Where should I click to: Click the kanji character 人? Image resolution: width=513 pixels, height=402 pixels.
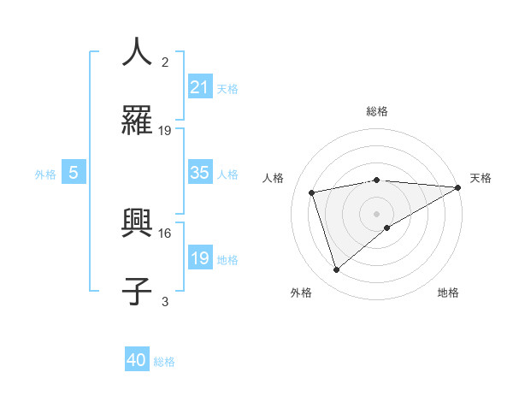(137, 51)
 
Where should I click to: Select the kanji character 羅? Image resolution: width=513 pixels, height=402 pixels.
(137, 121)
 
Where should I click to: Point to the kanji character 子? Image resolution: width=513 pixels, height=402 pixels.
(137, 292)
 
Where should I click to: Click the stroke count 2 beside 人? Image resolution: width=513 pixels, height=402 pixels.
(165, 62)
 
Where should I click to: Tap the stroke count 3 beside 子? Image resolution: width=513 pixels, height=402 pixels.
(165, 301)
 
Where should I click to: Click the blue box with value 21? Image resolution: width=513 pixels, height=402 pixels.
(200, 87)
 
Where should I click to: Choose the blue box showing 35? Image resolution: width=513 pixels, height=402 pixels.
(200, 173)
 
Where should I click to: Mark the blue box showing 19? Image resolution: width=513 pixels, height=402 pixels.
(200, 258)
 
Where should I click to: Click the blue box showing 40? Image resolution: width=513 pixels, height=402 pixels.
(137, 361)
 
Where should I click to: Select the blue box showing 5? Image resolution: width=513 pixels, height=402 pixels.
(74, 173)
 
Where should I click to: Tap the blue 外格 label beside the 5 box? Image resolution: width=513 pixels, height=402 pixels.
(45, 174)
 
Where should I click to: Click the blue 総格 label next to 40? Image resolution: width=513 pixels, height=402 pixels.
(164, 362)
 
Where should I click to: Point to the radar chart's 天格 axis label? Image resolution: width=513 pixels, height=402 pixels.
(481, 178)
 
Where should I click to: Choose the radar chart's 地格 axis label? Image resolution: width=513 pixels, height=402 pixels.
(448, 293)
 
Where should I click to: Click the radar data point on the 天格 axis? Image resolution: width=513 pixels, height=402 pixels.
(457, 187)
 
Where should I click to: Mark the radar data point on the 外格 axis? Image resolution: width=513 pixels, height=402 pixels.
(337, 270)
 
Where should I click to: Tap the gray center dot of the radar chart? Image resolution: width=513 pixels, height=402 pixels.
(377, 213)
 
